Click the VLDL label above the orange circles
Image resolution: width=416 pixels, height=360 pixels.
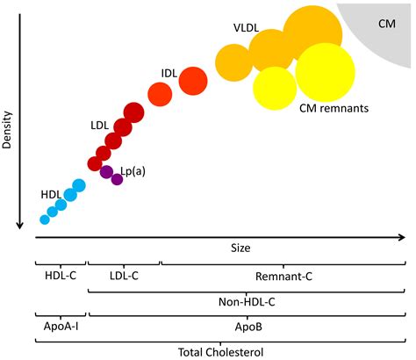246,28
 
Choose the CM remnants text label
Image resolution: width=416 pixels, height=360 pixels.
334,109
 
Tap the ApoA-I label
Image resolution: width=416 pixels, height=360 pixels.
60,326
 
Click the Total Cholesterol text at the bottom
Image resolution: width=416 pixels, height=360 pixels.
220,351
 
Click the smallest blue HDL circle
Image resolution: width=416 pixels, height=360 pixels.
45,219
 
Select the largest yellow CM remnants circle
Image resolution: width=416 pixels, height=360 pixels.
326,72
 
